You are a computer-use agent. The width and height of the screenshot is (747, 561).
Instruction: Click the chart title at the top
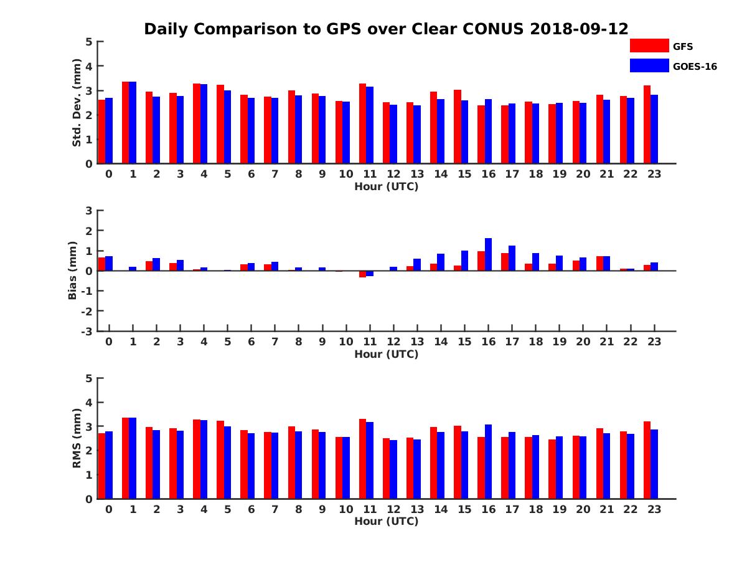point(386,29)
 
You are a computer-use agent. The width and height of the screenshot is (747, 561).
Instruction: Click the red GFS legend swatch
point(649,46)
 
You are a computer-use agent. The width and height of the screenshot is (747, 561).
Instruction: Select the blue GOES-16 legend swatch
point(649,65)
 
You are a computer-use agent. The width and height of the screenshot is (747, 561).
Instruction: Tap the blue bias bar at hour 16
point(488,254)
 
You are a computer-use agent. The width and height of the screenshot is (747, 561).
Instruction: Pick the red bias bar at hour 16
point(481,261)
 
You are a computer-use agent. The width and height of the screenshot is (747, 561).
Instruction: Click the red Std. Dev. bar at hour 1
point(126,123)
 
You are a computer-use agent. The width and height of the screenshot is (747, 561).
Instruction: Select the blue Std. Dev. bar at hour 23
point(654,129)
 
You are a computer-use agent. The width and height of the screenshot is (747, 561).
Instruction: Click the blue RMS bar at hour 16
point(488,462)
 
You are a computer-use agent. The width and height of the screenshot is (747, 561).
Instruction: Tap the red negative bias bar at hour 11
point(363,274)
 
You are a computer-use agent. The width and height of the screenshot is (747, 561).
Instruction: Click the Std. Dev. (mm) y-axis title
point(77,103)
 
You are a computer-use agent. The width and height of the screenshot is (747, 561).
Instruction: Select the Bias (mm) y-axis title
point(73,271)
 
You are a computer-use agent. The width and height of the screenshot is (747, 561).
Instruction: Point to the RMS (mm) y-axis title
point(77,438)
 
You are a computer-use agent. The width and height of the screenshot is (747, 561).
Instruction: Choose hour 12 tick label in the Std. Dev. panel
point(393,175)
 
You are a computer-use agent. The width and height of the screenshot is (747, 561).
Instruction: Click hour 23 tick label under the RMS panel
point(654,509)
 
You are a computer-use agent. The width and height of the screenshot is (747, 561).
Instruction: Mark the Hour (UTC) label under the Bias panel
point(386,354)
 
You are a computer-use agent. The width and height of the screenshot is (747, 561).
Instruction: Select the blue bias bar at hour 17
point(512,258)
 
